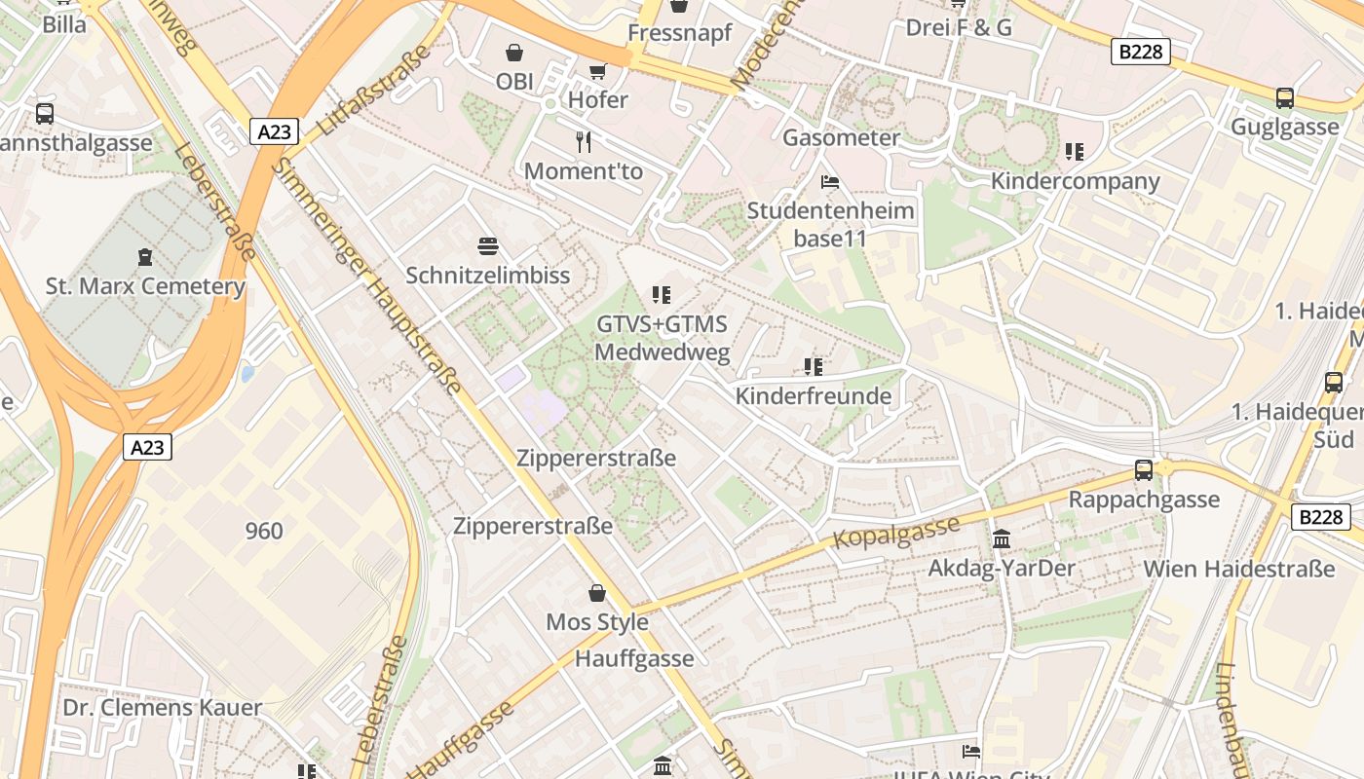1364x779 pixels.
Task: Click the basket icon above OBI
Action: [514, 53]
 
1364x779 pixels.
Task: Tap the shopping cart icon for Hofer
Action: [597, 71]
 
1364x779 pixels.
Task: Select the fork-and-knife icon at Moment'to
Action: [584, 142]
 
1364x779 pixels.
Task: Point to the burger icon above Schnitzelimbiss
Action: [487, 246]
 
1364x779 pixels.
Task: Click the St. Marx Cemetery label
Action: [145, 286]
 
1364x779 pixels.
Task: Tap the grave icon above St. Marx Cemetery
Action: [145, 257]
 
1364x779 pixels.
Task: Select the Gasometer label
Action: [841, 137]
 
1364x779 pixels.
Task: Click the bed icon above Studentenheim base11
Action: [830, 182]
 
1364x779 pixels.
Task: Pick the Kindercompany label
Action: [1075, 181]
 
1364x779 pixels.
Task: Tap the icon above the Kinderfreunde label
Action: [814, 367]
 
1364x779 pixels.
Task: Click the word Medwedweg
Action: [662, 352]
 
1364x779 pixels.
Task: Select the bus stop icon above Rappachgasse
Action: [1144, 470]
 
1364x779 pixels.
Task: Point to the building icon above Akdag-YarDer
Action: [1002, 538]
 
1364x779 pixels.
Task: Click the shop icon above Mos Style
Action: [597, 593]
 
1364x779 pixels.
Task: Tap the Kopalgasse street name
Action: [896, 531]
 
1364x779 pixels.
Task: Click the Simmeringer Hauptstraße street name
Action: [365, 276]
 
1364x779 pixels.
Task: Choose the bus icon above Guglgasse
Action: [1285, 97]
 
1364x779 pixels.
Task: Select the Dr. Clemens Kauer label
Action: [163, 708]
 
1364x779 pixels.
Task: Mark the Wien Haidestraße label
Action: [1238, 569]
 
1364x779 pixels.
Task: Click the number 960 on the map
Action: [264, 531]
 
